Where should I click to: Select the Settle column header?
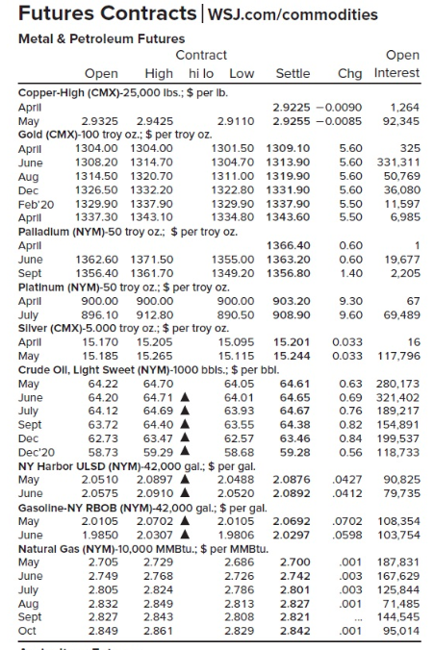(x=293, y=73)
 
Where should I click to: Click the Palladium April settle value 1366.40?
(x=293, y=245)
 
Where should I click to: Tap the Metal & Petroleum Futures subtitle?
(x=102, y=38)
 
